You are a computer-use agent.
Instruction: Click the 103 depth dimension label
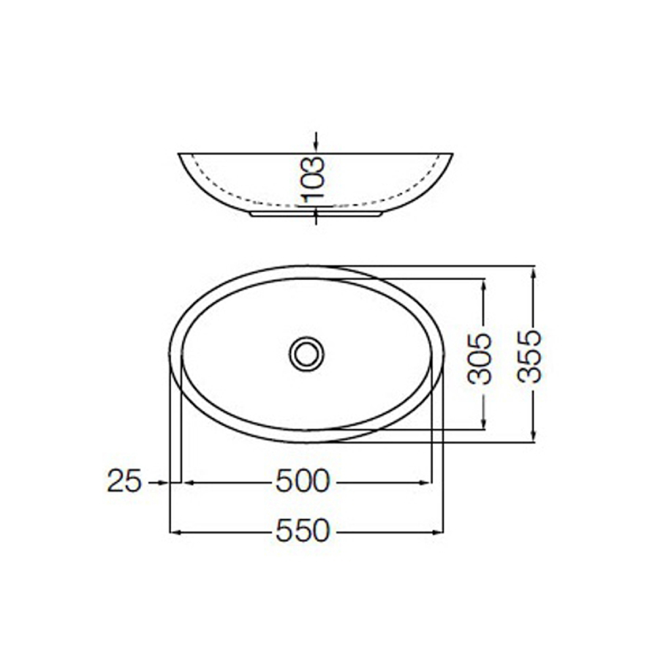click(312, 179)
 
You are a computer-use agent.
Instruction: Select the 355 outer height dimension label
click(530, 356)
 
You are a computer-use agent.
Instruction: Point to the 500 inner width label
click(303, 482)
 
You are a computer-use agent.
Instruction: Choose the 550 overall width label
click(303, 532)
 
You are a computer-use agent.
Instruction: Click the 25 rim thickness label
click(124, 482)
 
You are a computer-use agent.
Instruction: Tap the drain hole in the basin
click(306, 354)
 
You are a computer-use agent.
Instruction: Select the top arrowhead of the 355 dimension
click(534, 271)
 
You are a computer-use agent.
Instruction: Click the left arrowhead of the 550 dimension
click(175, 532)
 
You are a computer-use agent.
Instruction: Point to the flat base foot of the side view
click(315, 215)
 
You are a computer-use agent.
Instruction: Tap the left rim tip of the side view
click(180, 154)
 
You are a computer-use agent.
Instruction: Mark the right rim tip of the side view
click(452, 154)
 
